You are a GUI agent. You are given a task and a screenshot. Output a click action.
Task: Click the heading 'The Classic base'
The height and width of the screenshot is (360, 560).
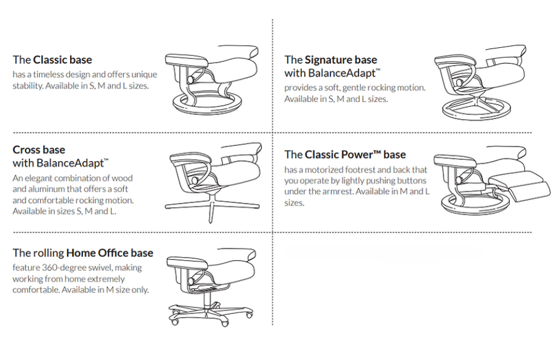point(52,60)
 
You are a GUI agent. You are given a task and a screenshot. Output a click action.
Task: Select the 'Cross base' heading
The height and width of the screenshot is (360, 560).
point(39,150)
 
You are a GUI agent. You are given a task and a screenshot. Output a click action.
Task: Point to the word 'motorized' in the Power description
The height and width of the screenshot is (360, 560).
point(328,170)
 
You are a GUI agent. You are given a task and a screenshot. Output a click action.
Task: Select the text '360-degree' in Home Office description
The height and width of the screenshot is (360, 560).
point(60,268)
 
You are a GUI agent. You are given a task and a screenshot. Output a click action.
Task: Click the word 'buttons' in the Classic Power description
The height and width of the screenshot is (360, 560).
point(412,181)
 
